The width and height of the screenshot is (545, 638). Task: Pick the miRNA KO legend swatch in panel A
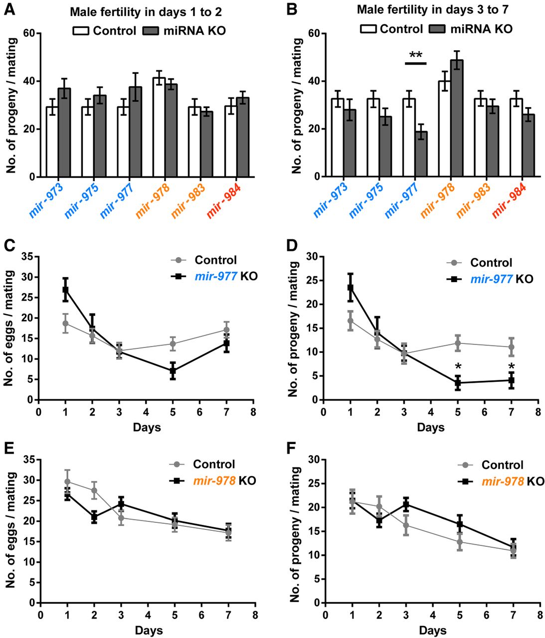[150, 31]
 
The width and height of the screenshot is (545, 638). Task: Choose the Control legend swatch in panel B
[367, 29]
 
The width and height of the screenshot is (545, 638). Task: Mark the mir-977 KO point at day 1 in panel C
[65, 290]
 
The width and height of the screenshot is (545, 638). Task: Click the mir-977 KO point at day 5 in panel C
[173, 371]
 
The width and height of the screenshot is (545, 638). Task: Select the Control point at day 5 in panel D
[457, 343]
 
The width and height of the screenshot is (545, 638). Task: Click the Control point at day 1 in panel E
[67, 481]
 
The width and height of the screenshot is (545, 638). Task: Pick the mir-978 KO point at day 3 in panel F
[405, 504]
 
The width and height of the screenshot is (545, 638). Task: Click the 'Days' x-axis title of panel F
[432, 630]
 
